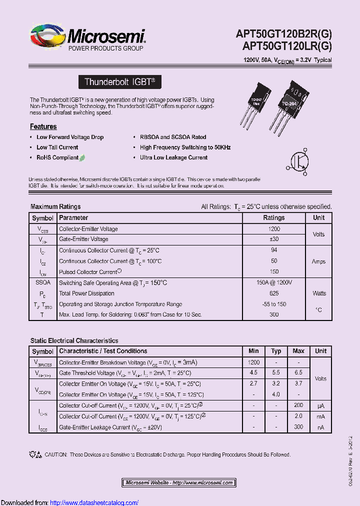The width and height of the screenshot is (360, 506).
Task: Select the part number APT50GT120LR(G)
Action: [286, 46]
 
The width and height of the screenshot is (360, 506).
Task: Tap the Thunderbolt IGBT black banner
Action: [120, 82]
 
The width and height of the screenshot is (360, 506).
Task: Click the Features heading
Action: [43, 126]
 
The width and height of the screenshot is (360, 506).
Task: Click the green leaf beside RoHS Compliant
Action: [82, 157]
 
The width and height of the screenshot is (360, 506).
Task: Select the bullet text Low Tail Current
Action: [57, 147]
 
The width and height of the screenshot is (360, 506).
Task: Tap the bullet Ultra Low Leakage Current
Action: [173, 157]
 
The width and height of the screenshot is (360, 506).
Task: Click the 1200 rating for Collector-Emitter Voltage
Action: [274, 229]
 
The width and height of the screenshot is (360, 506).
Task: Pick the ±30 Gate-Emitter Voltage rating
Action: [274, 239]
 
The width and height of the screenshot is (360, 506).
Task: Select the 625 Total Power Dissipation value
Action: [274, 293]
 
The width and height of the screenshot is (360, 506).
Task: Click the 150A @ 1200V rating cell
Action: [274, 282]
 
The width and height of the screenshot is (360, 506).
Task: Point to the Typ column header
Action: [276, 351]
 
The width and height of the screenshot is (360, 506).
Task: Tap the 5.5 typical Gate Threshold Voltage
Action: [276, 373]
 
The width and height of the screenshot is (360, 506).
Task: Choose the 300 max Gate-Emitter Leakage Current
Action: [298, 427]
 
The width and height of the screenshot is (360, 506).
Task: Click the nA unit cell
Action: [320, 427]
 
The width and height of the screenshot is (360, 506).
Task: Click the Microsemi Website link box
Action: [179, 482]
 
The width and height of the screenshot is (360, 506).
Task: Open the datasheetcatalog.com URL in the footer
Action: [94, 502]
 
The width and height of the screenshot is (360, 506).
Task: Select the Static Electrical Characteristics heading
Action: [74, 340]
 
